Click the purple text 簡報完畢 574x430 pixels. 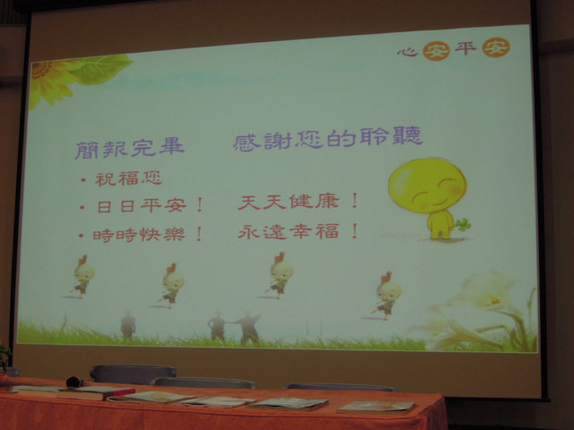pyautogui.click(x=129, y=149)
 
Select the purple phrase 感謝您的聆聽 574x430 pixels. pyautogui.click(x=327, y=138)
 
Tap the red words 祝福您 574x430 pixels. pyautogui.click(x=129, y=179)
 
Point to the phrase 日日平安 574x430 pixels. pyautogui.click(x=142, y=206)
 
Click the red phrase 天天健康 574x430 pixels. pyautogui.click(x=288, y=202)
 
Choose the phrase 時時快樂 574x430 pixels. pyautogui.click(x=139, y=235)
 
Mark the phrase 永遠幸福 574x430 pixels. pyautogui.click(x=288, y=232)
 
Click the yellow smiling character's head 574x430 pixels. pyautogui.click(x=427, y=185)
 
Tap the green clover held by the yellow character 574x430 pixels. pyautogui.click(x=463, y=224)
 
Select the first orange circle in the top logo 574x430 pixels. pyautogui.click(x=437, y=50)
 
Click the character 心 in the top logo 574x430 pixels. pyautogui.click(x=408, y=52)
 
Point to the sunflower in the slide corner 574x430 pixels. pyautogui.click(x=48, y=82)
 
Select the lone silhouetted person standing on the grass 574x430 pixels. pyautogui.click(x=128, y=324)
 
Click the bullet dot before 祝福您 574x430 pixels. pyautogui.click(x=83, y=179)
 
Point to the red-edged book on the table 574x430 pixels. pyautogui.click(x=96, y=393)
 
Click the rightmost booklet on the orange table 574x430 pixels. pyautogui.click(x=376, y=407)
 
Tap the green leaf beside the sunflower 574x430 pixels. pyautogui.click(x=100, y=70)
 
